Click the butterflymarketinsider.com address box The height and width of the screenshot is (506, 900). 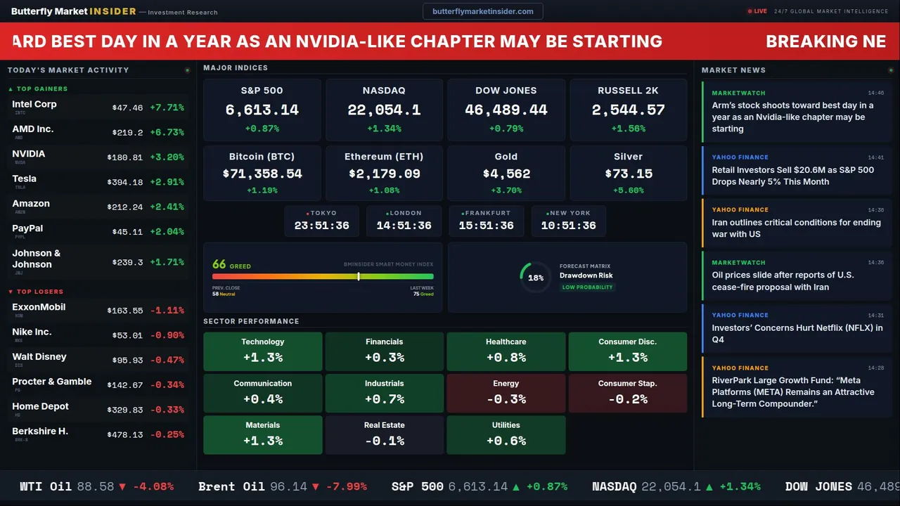point(482,11)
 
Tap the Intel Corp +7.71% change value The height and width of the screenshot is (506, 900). point(167,108)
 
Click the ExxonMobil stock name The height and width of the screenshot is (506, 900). point(39,307)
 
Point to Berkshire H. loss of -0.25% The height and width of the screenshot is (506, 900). point(169,434)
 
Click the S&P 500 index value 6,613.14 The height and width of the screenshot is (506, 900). point(262,110)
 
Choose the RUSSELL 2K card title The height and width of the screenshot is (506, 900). point(628,91)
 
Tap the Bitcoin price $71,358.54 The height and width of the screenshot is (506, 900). point(262,174)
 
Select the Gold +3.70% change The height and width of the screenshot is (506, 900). point(506,190)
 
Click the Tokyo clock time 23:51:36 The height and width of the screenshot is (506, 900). point(322,226)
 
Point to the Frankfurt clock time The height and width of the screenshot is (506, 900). point(487,226)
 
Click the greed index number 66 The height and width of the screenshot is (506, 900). point(219,264)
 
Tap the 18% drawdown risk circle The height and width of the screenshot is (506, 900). point(536,278)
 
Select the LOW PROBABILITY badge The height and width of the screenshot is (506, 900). point(587,287)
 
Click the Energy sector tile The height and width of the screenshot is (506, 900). point(506,392)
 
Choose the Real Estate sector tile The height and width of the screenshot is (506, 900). point(385,434)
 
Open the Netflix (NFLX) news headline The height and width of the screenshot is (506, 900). point(797,333)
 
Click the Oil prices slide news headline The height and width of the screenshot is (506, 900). point(783,280)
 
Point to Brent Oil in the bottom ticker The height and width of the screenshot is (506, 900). point(231,486)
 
